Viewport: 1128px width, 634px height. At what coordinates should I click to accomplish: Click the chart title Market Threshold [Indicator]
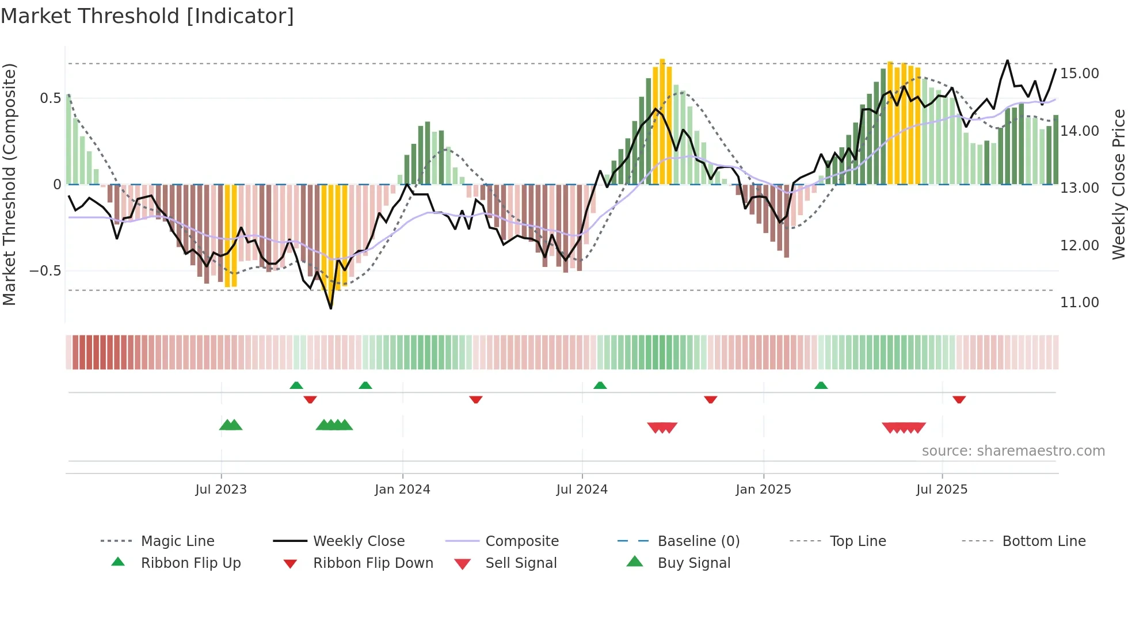click(x=147, y=16)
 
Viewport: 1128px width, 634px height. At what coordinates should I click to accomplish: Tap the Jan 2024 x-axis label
click(x=402, y=490)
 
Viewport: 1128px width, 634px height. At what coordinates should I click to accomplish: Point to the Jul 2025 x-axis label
click(x=942, y=490)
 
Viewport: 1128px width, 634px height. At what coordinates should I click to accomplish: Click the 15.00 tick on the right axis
click(x=1079, y=74)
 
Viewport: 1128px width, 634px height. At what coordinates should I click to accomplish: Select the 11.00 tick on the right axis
click(x=1079, y=303)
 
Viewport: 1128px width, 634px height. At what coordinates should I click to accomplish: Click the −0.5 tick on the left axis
click(x=45, y=271)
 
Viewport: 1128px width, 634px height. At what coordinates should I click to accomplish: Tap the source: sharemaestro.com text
click(x=1013, y=451)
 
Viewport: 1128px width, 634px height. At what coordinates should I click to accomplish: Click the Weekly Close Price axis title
click(x=1118, y=184)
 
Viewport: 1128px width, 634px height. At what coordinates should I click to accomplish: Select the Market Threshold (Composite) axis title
click(x=9, y=184)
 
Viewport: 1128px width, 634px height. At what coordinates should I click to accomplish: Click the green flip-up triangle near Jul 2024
click(x=600, y=385)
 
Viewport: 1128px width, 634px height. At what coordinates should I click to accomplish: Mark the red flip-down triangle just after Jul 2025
click(x=959, y=399)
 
